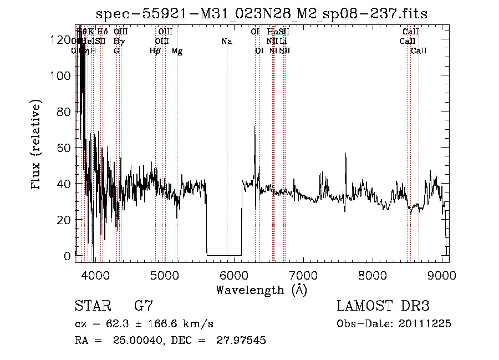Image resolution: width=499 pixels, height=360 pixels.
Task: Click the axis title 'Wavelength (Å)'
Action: pyautogui.click(x=261, y=289)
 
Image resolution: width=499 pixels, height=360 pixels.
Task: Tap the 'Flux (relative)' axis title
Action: pyautogui.click(x=37, y=145)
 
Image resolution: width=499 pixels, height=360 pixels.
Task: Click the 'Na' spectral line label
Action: pyautogui.click(x=226, y=41)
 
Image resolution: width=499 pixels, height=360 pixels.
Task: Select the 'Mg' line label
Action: pyautogui.click(x=177, y=51)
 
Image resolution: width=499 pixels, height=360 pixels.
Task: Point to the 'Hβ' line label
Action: pyautogui.click(x=155, y=51)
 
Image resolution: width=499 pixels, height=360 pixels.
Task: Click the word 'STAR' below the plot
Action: pyautogui.click(x=92, y=306)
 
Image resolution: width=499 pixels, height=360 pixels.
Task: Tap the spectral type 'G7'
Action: pyautogui.click(x=144, y=306)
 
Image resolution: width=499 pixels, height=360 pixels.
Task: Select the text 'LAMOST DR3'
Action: pyautogui.click(x=383, y=306)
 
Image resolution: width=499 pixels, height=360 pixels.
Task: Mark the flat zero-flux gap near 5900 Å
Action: pyautogui.click(x=224, y=255)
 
